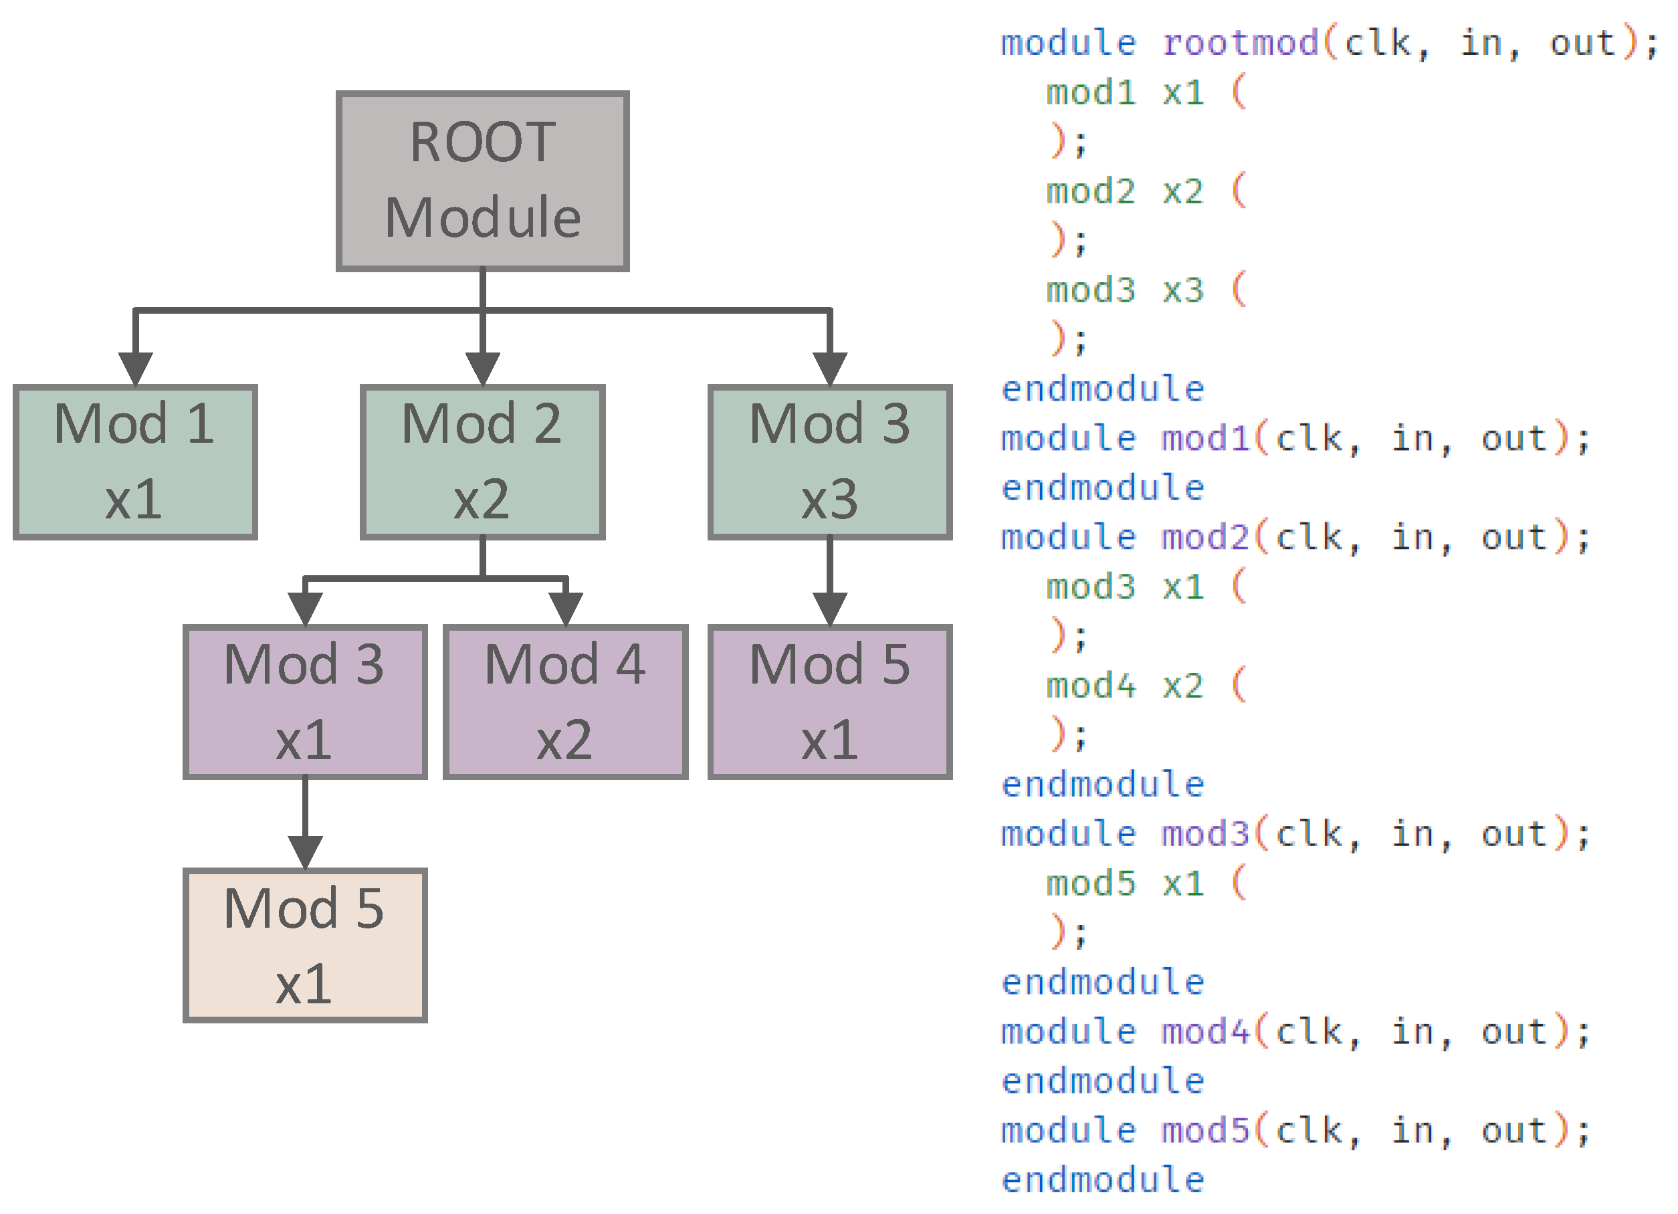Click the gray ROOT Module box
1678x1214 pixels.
point(482,181)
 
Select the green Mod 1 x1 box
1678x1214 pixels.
point(134,462)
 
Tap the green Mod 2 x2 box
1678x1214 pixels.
point(482,462)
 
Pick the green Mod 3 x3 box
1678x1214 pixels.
point(829,462)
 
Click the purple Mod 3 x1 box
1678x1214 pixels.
point(305,702)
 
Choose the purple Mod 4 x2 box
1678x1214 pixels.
point(565,702)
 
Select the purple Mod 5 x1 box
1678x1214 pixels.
point(829,702)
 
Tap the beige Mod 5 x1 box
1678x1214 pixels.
point(305,946)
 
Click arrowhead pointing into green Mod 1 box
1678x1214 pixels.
point(135,369)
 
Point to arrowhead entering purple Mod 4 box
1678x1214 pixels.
point(565,609)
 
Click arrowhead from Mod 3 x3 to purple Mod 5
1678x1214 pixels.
point(829,609)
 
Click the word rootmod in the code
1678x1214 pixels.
point(1240,42)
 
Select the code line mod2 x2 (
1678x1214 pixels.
point(1145,191)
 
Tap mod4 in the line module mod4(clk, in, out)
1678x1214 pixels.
point(1205,1031)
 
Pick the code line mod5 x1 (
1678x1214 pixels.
point(1145,884)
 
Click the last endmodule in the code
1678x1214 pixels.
point(1102,1180)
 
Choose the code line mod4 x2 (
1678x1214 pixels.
point(1145,686)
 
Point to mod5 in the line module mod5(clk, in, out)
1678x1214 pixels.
point(1205,1130)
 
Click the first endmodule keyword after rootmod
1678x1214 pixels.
point(1102,389)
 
